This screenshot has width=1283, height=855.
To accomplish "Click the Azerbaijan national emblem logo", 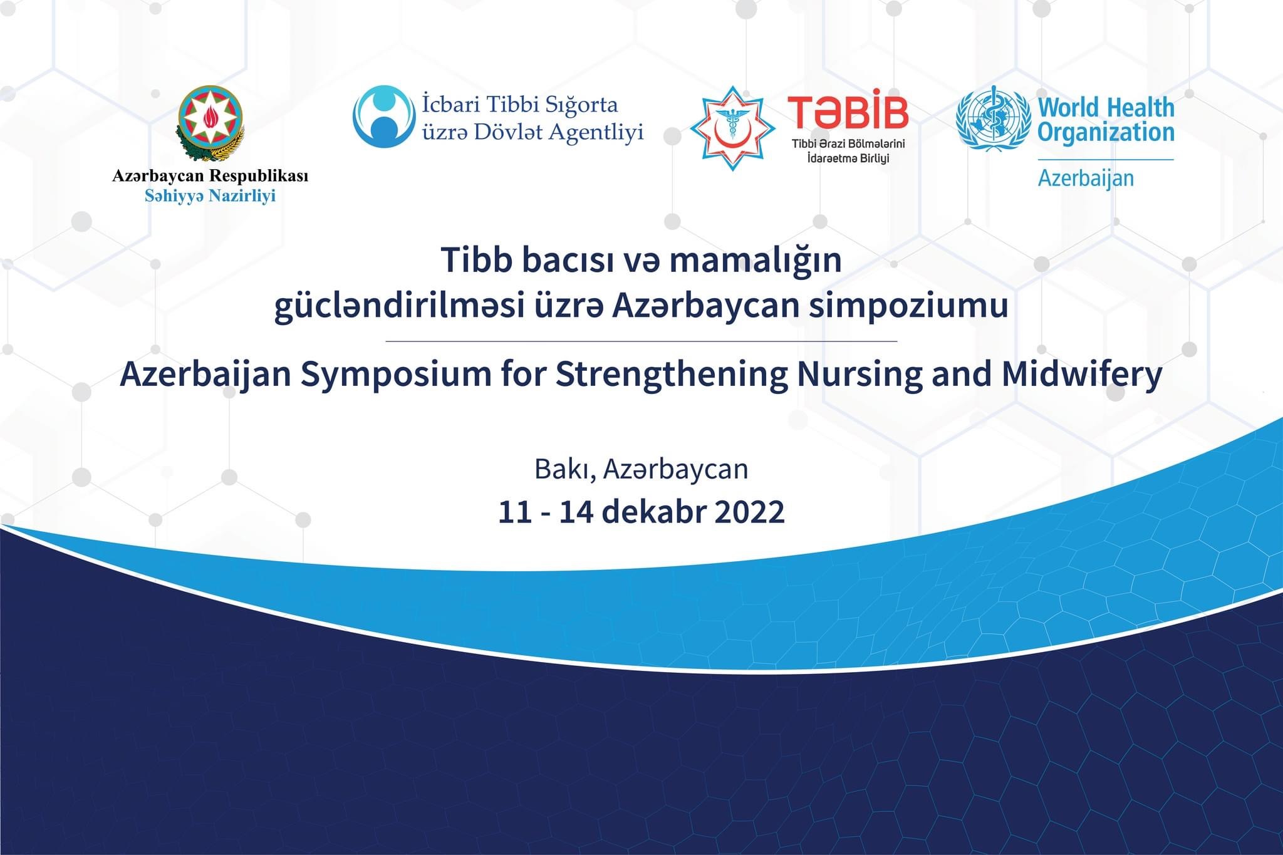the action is click(x=210, y=123).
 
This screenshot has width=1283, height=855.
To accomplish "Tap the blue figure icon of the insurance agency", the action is click(x=383, y=117).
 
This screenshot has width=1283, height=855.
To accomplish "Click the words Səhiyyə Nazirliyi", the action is click(x=210, y=196).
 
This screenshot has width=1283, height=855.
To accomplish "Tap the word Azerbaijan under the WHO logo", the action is click(x=1086, y=179).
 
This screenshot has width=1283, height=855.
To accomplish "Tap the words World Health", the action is click(x=1106, y=108).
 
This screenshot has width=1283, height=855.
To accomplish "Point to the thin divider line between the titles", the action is click(x=641, y=341).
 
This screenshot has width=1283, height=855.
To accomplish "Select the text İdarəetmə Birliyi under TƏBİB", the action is click(x=848, y=158).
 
